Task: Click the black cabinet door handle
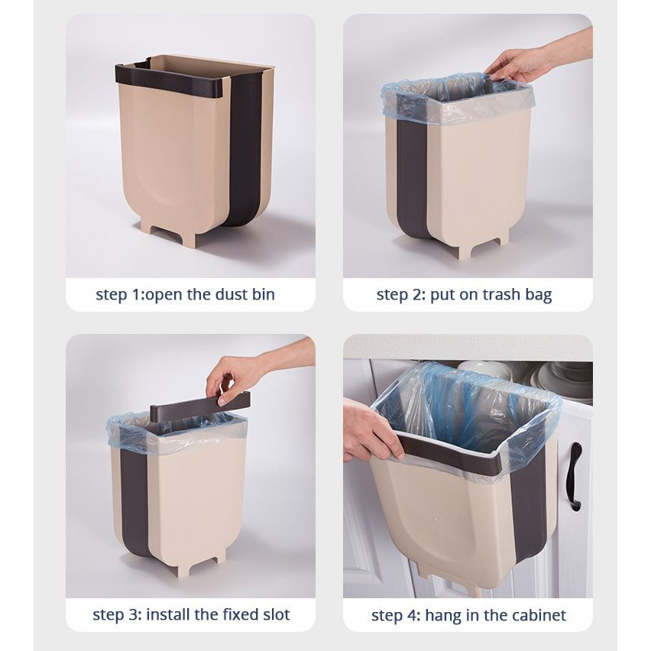point(575,476)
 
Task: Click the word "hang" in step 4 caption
point(443,616)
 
